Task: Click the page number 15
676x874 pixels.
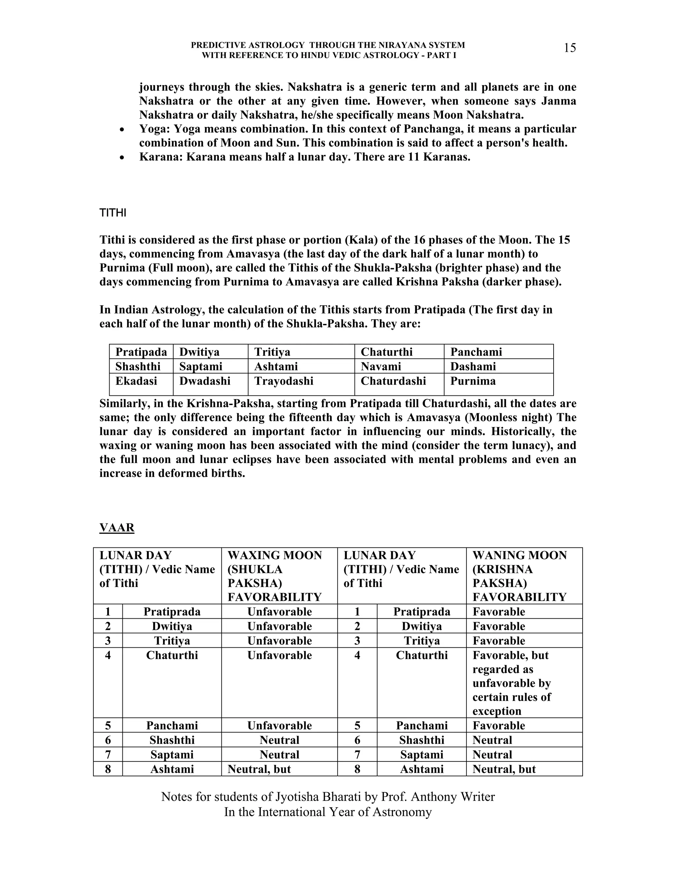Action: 569,48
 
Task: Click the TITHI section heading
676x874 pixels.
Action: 113,213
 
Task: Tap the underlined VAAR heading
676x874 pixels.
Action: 117,527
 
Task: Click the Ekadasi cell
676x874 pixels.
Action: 136,381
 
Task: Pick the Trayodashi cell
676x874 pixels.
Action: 284,381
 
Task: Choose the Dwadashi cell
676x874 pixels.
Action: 205,381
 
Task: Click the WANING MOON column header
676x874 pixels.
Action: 520,576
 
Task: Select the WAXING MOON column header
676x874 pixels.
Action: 275,576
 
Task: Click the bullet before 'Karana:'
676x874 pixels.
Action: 122,158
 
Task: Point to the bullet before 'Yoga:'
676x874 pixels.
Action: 122,130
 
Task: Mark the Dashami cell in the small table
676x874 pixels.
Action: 473,366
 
